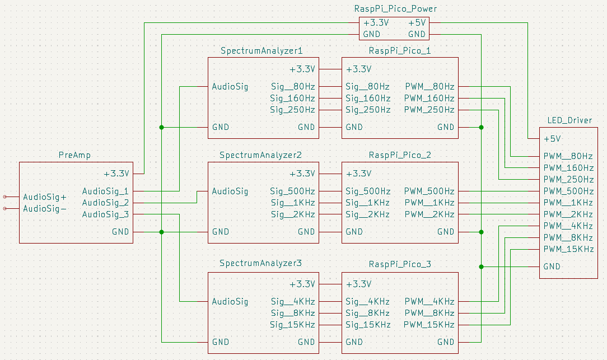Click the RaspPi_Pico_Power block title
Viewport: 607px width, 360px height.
tap(395, 9)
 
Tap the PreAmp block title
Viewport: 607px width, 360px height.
tap(74, 155)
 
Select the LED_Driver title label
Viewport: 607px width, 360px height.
tap(569, 120)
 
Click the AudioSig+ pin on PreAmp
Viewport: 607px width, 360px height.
tap(45, 197)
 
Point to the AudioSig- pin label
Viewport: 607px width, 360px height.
tap(45, 209)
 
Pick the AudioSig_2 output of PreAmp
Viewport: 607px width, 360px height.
tap(105, 203)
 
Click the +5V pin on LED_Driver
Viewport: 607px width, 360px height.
tap(552, 138)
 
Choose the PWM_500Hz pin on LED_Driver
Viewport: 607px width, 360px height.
tap(568, 191)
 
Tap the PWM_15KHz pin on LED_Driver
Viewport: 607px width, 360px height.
tap(568, 249)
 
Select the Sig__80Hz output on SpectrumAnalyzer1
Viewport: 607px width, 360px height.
tap(292, 87)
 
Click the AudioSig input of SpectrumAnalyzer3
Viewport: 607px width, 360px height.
tap(230, 302)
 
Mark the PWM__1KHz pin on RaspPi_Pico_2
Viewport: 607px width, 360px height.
tap(429, 203)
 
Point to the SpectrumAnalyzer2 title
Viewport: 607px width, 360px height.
tap(261, 155)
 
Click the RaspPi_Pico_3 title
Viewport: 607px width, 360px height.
tap(400, 263)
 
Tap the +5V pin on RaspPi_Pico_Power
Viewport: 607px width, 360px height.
tap(417, 23)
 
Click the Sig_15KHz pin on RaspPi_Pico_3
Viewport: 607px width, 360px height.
tap(368, 325)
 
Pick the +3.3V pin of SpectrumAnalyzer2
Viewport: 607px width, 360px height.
tap(302, 173)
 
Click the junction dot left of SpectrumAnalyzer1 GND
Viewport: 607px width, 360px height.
tap(162, 127)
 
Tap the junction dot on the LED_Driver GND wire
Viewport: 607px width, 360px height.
tap(481, 267)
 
